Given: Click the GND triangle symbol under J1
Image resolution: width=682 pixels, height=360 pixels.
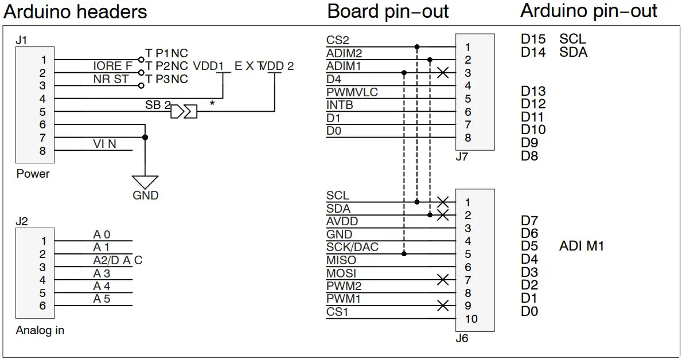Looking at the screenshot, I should pos(145,182).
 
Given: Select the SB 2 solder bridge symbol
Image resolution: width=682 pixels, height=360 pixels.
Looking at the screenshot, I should pos(184,111).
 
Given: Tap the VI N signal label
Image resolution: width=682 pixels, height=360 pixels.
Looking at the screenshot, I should pos(104,144).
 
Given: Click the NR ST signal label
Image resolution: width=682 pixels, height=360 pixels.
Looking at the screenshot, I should pos(111,79).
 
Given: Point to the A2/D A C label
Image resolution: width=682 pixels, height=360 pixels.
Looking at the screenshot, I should pos(118,260).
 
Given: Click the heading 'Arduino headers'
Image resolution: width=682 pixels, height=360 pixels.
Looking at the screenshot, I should pos(75,11).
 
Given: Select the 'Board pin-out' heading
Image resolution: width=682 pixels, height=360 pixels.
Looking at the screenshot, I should pos(388,11).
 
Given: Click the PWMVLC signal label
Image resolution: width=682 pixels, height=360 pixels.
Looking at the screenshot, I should pos(352,92).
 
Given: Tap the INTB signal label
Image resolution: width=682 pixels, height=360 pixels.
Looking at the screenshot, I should pos(340,105).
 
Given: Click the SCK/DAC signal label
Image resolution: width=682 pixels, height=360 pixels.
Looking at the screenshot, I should pos(352,247).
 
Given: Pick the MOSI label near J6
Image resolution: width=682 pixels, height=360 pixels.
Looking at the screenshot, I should pos(341,273).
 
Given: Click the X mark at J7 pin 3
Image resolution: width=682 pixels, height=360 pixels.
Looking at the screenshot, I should pos(442,73).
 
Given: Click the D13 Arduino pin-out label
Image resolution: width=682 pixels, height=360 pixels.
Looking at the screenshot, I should pos(533,91).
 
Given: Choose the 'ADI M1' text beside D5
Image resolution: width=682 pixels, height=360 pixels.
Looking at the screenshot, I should pos(581,246).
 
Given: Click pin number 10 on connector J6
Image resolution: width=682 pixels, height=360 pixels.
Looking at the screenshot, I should pos(471,319).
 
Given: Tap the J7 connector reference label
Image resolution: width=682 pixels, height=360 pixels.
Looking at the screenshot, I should pos(462,156).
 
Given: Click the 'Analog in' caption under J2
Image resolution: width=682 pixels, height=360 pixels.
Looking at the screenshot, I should pos(40,330).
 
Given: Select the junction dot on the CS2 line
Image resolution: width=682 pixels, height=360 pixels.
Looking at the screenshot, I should pos(417,47).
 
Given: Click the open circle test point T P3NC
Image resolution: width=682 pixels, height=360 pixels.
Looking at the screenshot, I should pos(141,86).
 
